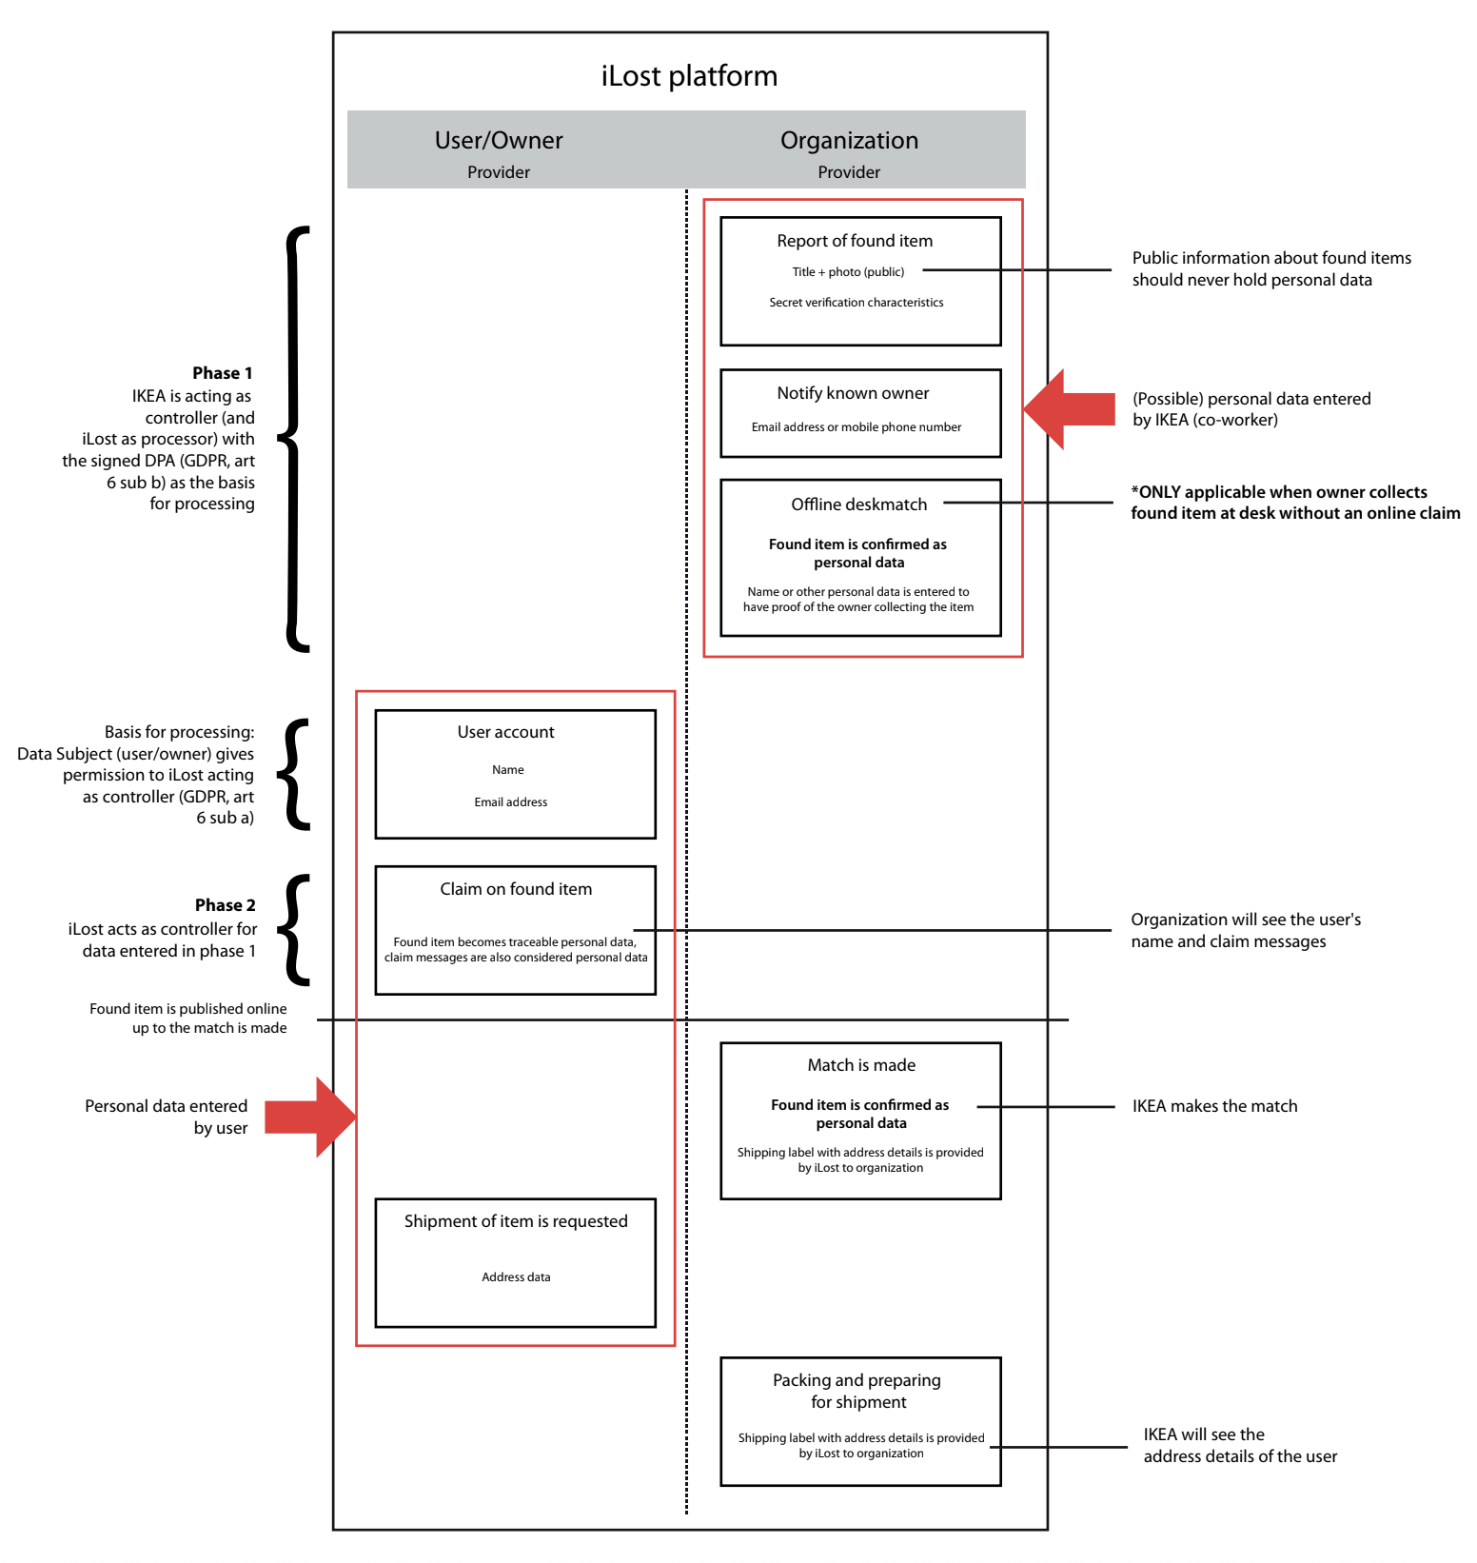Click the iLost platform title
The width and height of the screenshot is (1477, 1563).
click(689, 76)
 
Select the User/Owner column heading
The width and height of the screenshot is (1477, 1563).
click(499, 141)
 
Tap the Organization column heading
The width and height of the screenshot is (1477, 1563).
click(849, 141)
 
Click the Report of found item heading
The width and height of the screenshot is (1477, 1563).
click(855, 241)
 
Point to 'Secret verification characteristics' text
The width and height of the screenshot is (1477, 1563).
click(856, 303)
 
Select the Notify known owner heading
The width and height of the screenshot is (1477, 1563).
click(853, 393)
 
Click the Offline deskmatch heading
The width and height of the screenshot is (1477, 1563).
click(858, 505)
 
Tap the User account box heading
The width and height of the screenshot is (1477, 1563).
click(505, 732)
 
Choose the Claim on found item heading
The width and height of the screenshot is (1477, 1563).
click(515, 889)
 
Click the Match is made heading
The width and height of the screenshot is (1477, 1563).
click(861, 1065)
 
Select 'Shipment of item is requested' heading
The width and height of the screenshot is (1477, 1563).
click(515, 1221)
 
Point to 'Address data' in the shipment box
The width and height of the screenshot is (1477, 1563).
click(515, 1277)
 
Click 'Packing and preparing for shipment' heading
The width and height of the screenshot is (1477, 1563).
click(857, 1391)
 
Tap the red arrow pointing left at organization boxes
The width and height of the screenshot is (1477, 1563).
click(1071, 409)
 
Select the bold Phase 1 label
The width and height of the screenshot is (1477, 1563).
click(222, 373)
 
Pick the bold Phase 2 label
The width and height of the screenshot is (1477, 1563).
click(225, 905)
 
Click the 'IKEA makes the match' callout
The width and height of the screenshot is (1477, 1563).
click(1214, 1106)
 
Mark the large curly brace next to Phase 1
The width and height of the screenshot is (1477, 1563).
click(294, 439)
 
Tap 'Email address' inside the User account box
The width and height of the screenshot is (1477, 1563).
click(510, 802)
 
